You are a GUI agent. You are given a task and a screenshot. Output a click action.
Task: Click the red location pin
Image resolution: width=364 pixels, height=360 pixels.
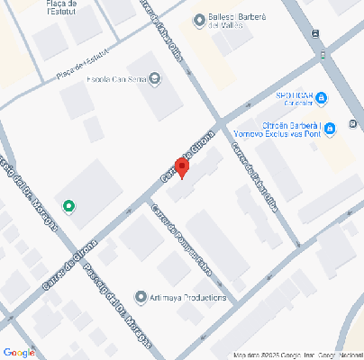tap(181, 168)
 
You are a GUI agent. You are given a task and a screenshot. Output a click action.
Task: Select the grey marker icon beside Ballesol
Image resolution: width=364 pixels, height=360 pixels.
tap(199, 20)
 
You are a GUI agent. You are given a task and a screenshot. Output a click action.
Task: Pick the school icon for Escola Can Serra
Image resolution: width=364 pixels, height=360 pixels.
tap(154, 78)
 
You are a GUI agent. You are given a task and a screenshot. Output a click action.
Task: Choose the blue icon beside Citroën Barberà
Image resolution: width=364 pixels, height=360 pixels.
tap(330, 129)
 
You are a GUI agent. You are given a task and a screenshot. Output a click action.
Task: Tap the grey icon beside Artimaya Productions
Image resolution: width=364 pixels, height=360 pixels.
tap(140, 296)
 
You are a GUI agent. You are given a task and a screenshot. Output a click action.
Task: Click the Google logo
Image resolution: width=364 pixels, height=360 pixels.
tap(18, 352)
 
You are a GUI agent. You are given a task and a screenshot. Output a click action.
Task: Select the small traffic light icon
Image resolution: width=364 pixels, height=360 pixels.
tap(314, 33)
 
